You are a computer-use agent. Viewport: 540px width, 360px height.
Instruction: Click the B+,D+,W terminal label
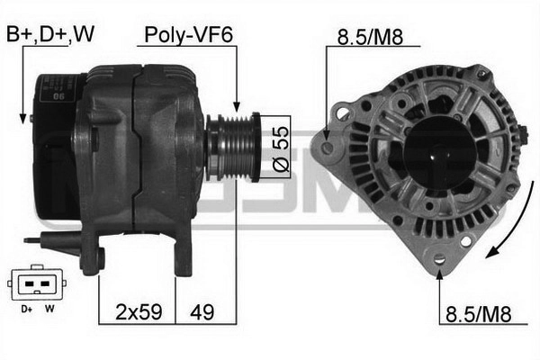point(50,34)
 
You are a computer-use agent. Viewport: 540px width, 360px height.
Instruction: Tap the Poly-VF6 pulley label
point(189,35)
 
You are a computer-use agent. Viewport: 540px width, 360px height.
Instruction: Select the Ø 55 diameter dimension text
point(282,148)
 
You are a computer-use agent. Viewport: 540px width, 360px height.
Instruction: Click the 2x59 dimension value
point(139,311)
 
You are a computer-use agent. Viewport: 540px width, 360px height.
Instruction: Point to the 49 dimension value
point(202,312)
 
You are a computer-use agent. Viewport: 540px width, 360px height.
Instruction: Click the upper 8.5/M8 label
point(370,37)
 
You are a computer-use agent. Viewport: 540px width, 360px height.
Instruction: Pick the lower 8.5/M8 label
point(479,314)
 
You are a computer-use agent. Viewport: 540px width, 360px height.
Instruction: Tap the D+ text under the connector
point(26,309)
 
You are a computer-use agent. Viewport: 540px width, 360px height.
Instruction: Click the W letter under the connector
point(49,309)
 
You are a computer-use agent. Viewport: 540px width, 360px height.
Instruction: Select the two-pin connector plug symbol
point(37,283)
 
